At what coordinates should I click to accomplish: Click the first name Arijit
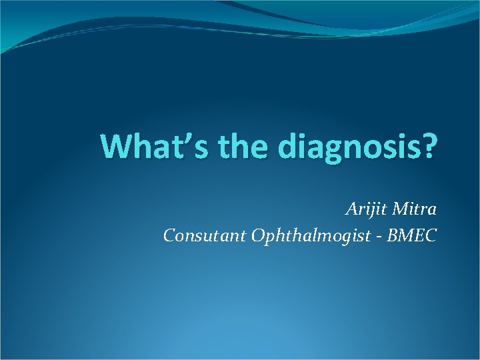point(366,210)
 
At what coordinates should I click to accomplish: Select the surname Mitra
point(415,209)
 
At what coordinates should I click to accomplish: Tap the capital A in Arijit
point(351,209)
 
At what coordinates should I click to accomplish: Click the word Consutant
point(203,235)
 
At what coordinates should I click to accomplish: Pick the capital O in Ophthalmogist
point(258,236)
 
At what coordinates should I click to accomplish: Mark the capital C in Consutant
point(169,235)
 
